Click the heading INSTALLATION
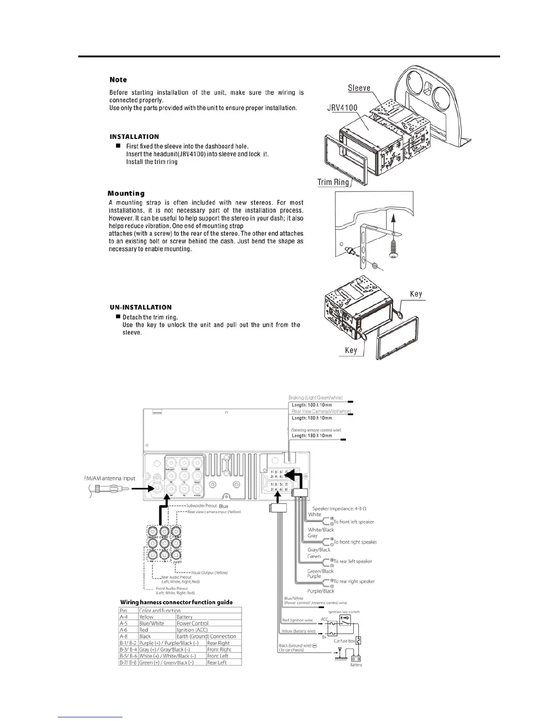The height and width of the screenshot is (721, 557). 134,137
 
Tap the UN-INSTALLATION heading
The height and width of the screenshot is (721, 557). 141,307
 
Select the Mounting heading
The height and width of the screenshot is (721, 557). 126,193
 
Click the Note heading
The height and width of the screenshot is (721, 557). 118,80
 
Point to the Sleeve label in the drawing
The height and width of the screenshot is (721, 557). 359,88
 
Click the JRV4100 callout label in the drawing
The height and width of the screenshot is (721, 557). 342,108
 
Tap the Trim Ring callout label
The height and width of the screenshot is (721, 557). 333,182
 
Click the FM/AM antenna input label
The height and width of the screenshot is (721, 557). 110,478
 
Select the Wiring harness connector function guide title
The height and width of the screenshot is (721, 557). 176,602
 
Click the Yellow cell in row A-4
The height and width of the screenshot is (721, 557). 147,617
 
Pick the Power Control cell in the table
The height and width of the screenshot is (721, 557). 192,624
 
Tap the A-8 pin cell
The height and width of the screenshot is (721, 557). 123,636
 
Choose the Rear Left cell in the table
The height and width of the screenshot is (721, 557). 217,663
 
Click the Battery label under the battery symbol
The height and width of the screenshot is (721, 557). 356,665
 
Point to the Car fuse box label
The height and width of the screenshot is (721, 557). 344,641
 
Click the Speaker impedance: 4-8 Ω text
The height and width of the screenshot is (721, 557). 339,508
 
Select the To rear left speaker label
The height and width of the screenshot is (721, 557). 353,561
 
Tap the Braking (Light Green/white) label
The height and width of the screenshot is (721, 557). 315,398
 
